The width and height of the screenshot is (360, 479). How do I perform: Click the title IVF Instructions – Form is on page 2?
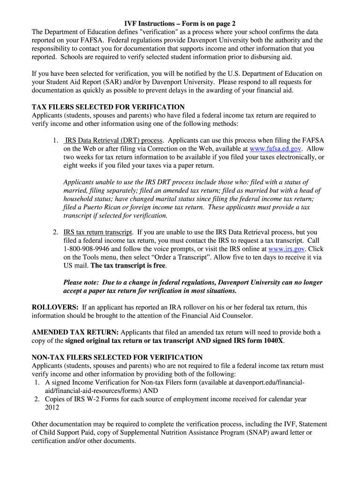point(180,23)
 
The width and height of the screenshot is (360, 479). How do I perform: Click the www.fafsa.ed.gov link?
point(275,149)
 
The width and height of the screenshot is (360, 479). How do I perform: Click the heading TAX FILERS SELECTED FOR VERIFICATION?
point(108,107)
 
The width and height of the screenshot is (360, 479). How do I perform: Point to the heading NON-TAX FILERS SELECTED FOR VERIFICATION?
point(117,357)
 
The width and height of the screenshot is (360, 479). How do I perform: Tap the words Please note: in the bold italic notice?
point(81,283)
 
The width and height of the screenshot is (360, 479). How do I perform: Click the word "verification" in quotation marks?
point(158,32)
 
